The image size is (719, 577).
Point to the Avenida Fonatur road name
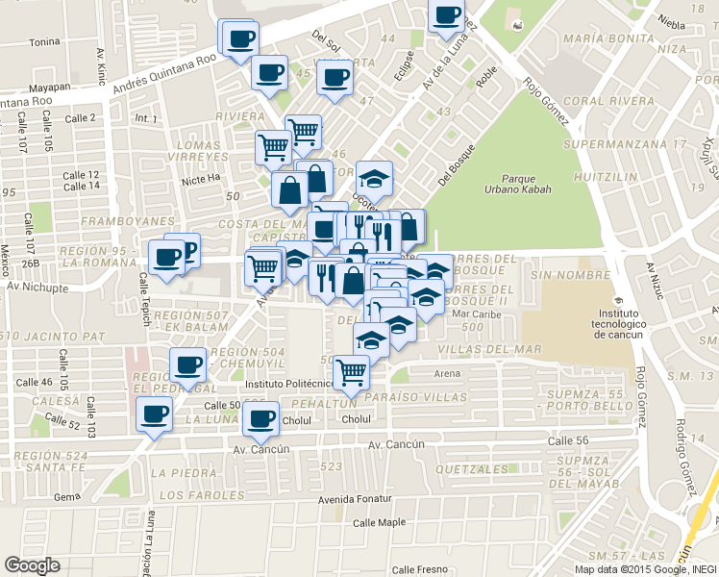[356, 498]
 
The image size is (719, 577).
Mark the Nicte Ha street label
[201, 178]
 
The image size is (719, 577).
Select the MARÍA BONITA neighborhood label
[604, 38]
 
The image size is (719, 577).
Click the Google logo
[32, 565]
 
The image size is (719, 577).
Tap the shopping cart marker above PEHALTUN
[352, 371]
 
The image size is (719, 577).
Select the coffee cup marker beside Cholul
[260, 419]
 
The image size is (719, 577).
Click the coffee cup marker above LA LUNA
[154, 414]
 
